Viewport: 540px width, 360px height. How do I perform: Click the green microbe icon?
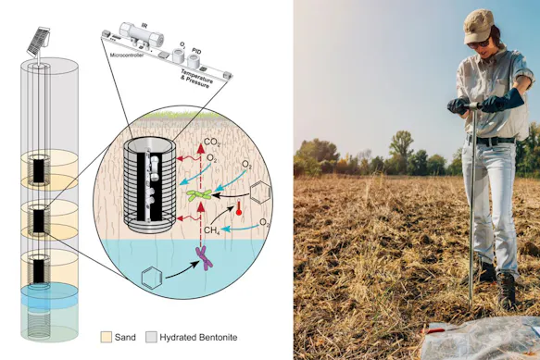pos(200,194)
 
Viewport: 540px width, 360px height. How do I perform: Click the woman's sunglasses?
pos(475,43)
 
